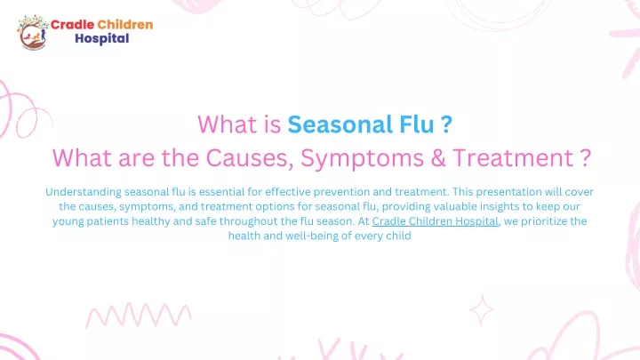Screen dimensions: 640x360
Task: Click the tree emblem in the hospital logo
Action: click(32, 33)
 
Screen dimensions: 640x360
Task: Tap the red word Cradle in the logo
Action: click(72, 25)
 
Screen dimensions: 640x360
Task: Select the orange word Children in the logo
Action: click(125, 25)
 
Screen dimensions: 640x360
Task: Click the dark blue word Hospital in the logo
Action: click(101, 39)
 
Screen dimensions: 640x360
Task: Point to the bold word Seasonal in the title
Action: click(340, 124)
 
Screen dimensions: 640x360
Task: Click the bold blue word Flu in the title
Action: click(416, 124)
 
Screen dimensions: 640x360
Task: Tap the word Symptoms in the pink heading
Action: click(362, 159)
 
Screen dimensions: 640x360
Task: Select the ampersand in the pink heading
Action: click(438, 158)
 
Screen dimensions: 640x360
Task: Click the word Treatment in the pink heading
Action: click(513, 158)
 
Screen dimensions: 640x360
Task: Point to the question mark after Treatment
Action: click(585, 158)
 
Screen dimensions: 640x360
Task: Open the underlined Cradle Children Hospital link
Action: click(435, 221)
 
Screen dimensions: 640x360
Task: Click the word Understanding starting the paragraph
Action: click(84, 192)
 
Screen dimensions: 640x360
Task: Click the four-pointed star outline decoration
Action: click(481, 310)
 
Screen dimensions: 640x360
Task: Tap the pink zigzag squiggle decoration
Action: click(139, 316)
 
